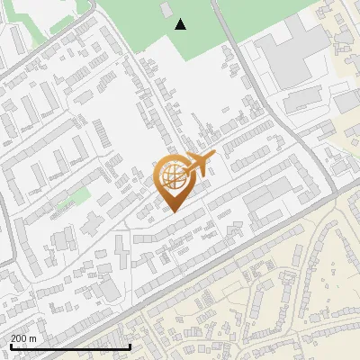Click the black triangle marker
click(181, 24)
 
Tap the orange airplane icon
click(197, 164)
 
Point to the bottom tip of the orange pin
click(173, 212)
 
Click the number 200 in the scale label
click(19, 338)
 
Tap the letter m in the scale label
click(33, 338)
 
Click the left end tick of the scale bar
click(9, 345)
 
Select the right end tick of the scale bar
click(130, 345)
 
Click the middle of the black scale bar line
click(69, 346)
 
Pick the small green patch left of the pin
click(79, 196)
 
